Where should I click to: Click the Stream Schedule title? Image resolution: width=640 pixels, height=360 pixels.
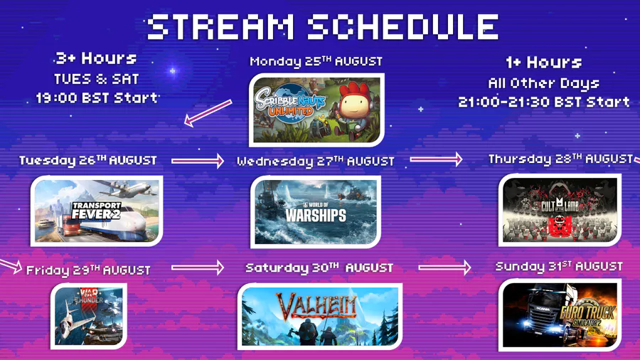322,27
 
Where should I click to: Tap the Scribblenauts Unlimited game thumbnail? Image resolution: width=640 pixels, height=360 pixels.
316,110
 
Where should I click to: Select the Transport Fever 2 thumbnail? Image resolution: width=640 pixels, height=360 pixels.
97,211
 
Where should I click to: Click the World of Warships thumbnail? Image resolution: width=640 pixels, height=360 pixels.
316,212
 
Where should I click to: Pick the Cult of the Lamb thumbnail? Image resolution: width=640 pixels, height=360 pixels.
560,210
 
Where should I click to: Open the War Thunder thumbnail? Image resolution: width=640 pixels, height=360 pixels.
89,316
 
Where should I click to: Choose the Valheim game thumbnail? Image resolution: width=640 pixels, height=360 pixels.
319,317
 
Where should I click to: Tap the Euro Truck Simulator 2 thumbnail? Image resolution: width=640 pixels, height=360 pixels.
560,314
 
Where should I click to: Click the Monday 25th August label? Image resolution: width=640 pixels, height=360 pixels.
316,61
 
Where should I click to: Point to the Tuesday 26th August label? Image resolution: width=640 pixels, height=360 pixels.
87,160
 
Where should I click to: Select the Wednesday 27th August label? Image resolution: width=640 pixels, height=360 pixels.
316,162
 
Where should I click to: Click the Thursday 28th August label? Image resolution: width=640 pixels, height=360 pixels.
560,159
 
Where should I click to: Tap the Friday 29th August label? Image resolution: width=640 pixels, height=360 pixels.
88,270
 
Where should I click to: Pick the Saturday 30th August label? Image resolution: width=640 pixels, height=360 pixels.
319,268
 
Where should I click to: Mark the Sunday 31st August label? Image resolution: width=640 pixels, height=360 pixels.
559,267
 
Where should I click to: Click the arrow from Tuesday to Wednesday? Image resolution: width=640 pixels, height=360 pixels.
198,161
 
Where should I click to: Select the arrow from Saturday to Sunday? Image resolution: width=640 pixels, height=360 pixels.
444,268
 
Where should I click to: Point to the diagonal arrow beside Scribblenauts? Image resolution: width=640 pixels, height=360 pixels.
208,112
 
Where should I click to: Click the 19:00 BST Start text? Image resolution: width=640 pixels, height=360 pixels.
97,98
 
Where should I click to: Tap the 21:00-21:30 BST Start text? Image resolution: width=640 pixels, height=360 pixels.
544,102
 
